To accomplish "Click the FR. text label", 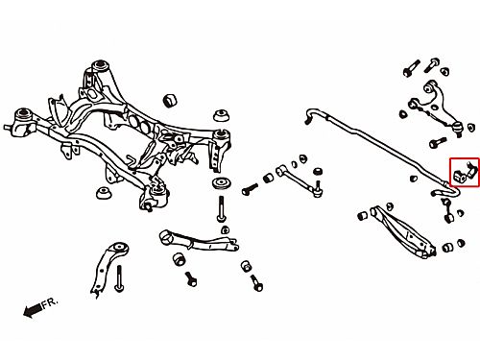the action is pyautogui.click(x=50, y=302).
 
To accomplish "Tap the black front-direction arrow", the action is pyautogui.click(x=33, y=310).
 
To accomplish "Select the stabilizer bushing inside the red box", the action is pyautogui.click(x=460, y=176).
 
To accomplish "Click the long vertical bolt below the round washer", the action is pyautogui.click(x=222, y=208).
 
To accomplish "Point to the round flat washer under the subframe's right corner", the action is pyautogui.click(x=221, y=183).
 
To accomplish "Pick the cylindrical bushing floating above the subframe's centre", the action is pyautogui.click(x=170, y=101).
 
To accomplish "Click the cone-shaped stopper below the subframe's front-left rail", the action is pyautogui.click(x=105, y=193).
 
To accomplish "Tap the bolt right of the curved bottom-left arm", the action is pyautogui.click(x=119, y=278).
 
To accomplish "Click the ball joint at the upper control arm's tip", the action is pyautogui.click(x=458, y=129).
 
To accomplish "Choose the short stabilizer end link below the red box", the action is pyautogui.click(x=447, y=209).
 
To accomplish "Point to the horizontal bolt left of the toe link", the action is pyautogui.click(x=250, y=189).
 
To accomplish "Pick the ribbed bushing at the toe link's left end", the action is pyautogui.click(x=268, y=178).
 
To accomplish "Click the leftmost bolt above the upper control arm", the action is pyautogui.click(x=412, y=68).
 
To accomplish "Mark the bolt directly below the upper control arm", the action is pyautogui.click(x=438, y=142).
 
